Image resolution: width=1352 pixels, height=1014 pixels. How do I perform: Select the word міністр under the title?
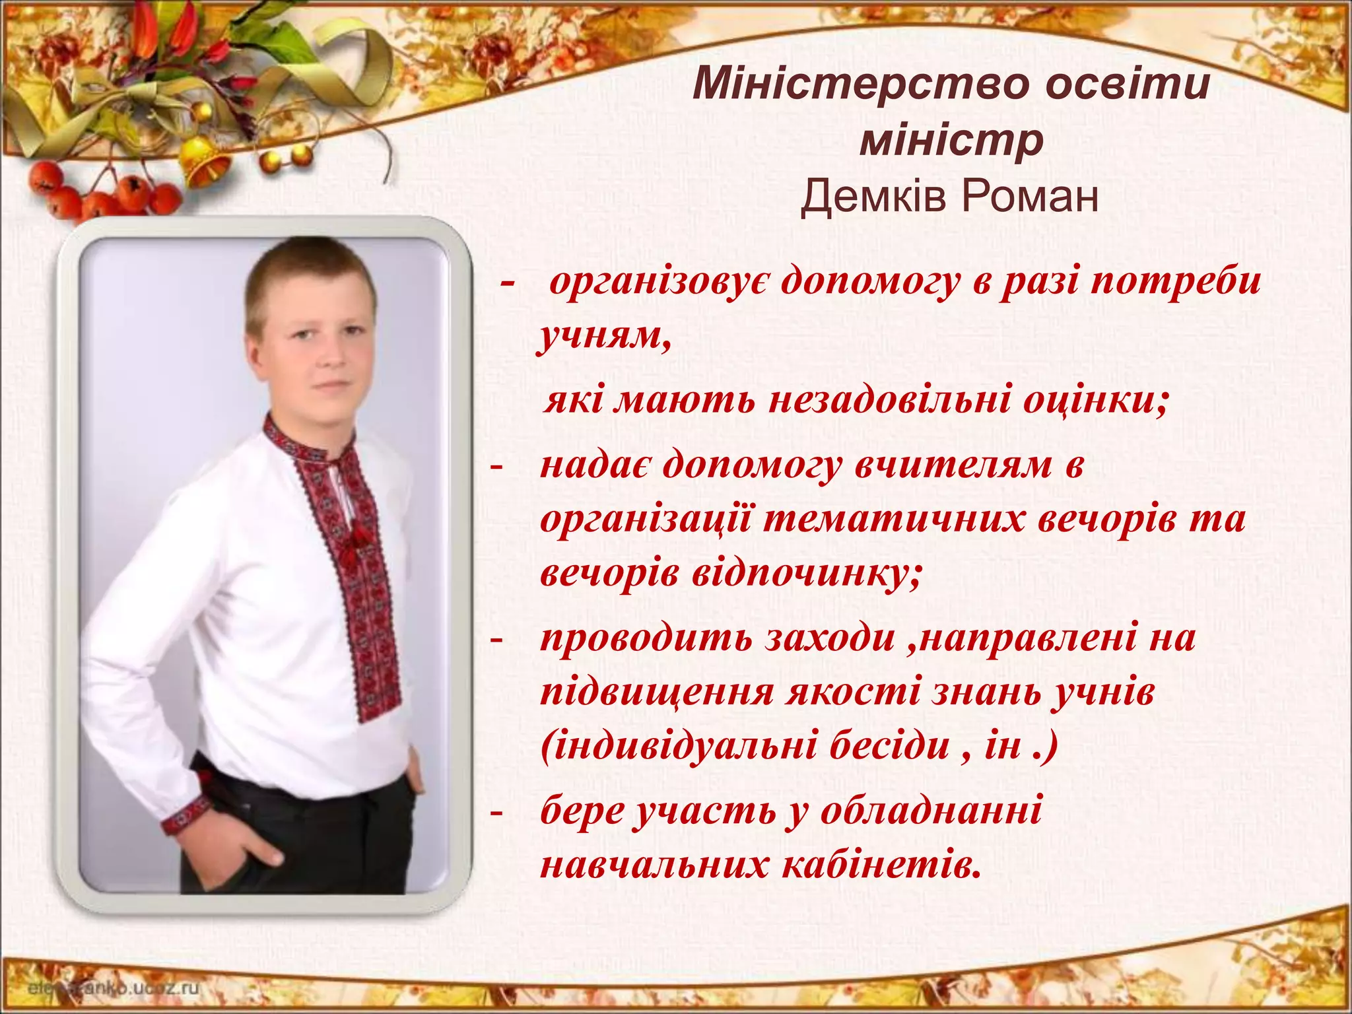951,141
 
